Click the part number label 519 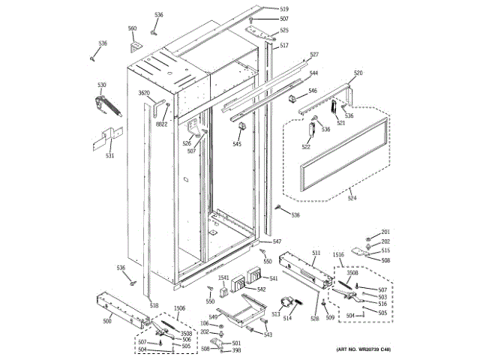(x=263, y=8)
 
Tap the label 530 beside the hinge (x=101, y=85)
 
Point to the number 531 (x=109, y=155)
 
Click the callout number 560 (x=133, y=29)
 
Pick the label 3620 (x=145, y=93)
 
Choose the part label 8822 (x=162, y=124)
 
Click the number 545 (x=237, y=144)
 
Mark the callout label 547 (x=277, y=241)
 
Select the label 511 (x=316, y=253)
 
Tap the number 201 (x=385, y=232)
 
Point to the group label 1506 (x=179, y=308)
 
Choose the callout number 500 (x=106, y=320)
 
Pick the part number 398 (x=236, y=350)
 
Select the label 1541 (x=223, y=278)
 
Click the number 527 (x=314, y=55)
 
